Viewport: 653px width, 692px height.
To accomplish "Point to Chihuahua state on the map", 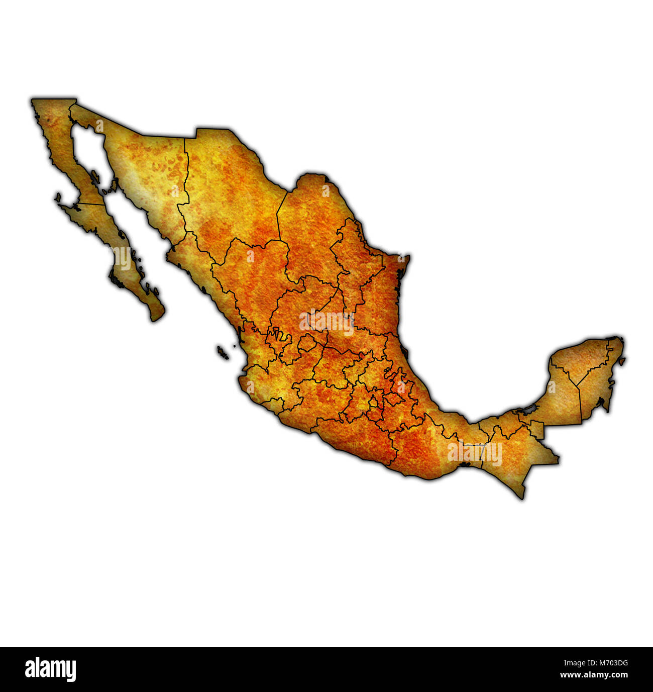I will pyautogui.click(x=231, y=191).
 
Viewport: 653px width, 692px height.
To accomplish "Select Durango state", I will pyautogui.click(x=246, y=281).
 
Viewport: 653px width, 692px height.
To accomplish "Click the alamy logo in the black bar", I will pyautogui.click(x=50, y=669).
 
